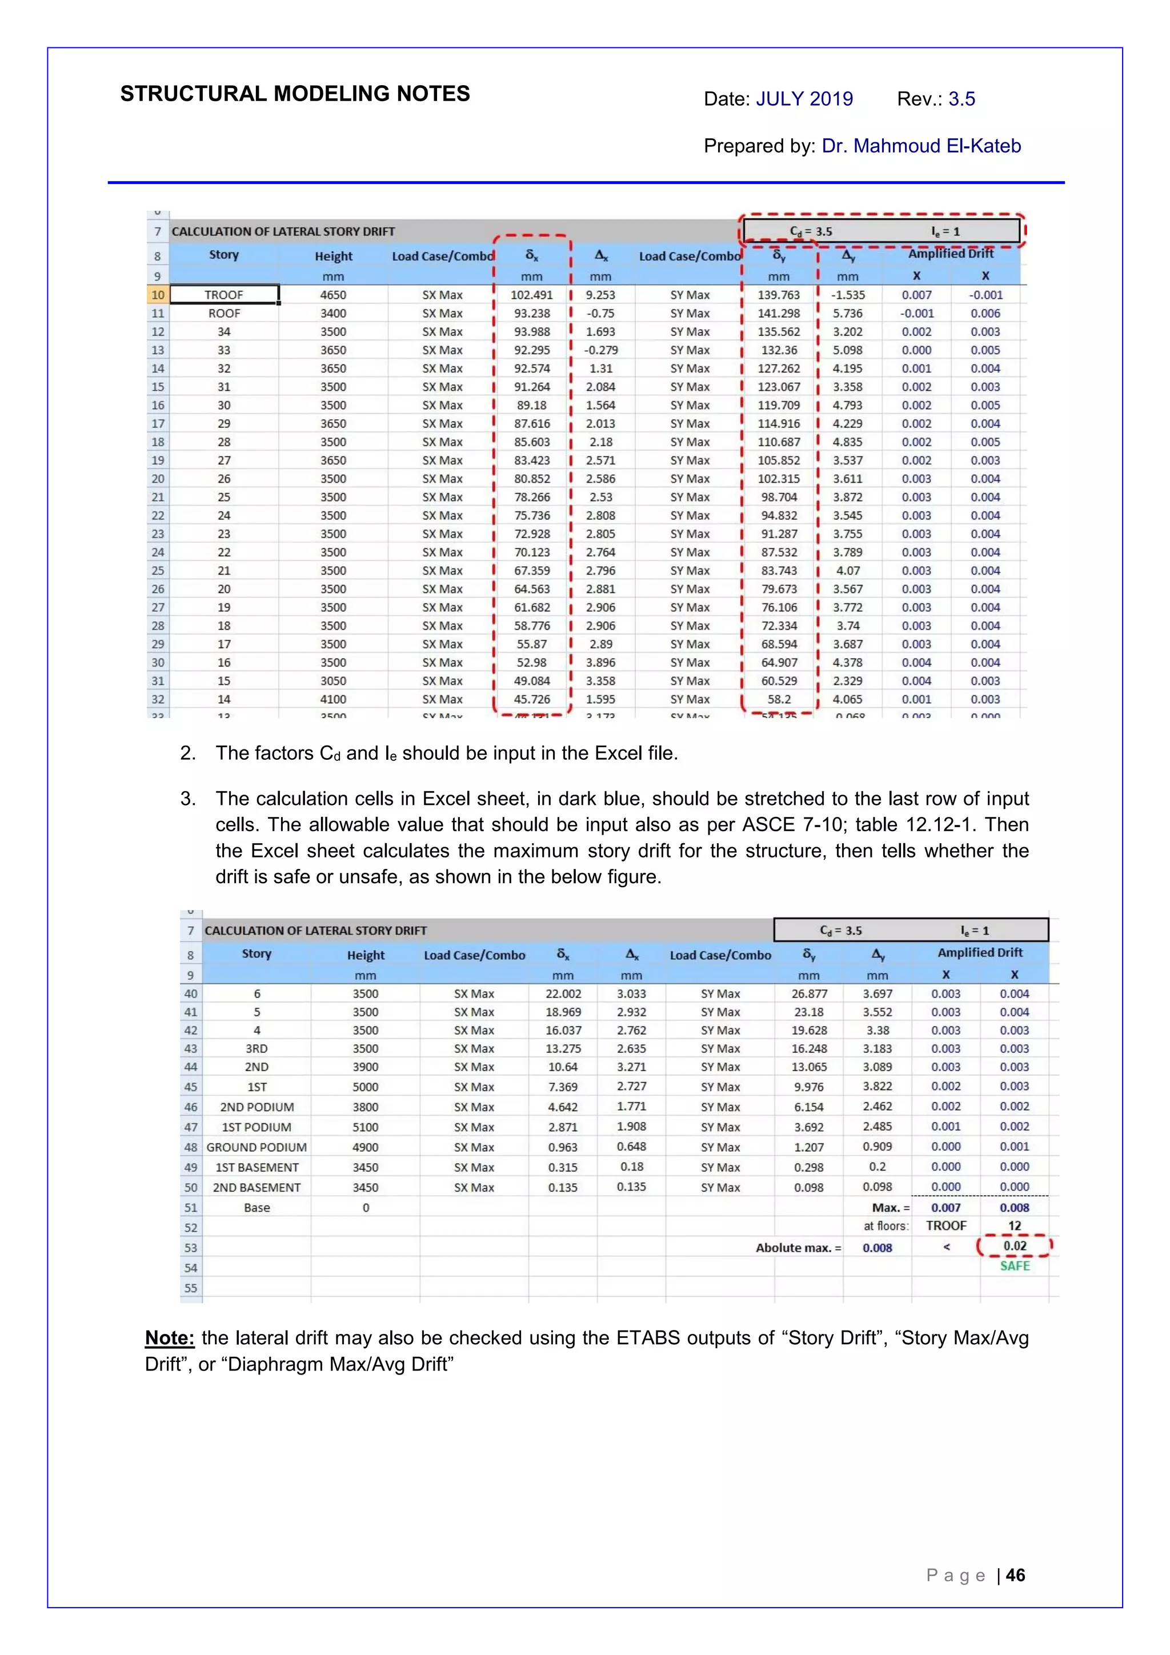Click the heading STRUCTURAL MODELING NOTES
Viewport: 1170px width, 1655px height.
point(294,94)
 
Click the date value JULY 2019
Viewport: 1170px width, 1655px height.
point(804,99)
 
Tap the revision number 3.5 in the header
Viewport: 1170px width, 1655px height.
point(961,99)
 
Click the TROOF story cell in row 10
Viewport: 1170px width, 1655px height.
point(224,295)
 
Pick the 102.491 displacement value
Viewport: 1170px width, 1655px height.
point(531,295)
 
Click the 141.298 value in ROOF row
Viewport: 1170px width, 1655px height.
point(779,314)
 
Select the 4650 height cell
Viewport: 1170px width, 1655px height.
point(333,295)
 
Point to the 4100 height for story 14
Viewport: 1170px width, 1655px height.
point(333,699)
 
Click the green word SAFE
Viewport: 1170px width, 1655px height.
point(1014,1266)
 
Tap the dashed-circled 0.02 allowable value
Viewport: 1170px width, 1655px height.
point(1014,1245)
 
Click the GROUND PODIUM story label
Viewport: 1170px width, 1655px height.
point(257,1147)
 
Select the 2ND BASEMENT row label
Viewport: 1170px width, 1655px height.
point(257,1187)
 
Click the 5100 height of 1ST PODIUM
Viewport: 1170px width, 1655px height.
point(366,1127)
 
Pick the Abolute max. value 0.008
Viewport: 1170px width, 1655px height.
point(877,1248)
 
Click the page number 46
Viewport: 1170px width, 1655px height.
point(1015,1575)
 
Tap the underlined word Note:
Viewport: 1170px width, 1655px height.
point(170,1338)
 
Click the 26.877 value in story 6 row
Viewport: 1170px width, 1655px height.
point(809,993)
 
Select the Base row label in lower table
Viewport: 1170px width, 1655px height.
point(257,1207)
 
